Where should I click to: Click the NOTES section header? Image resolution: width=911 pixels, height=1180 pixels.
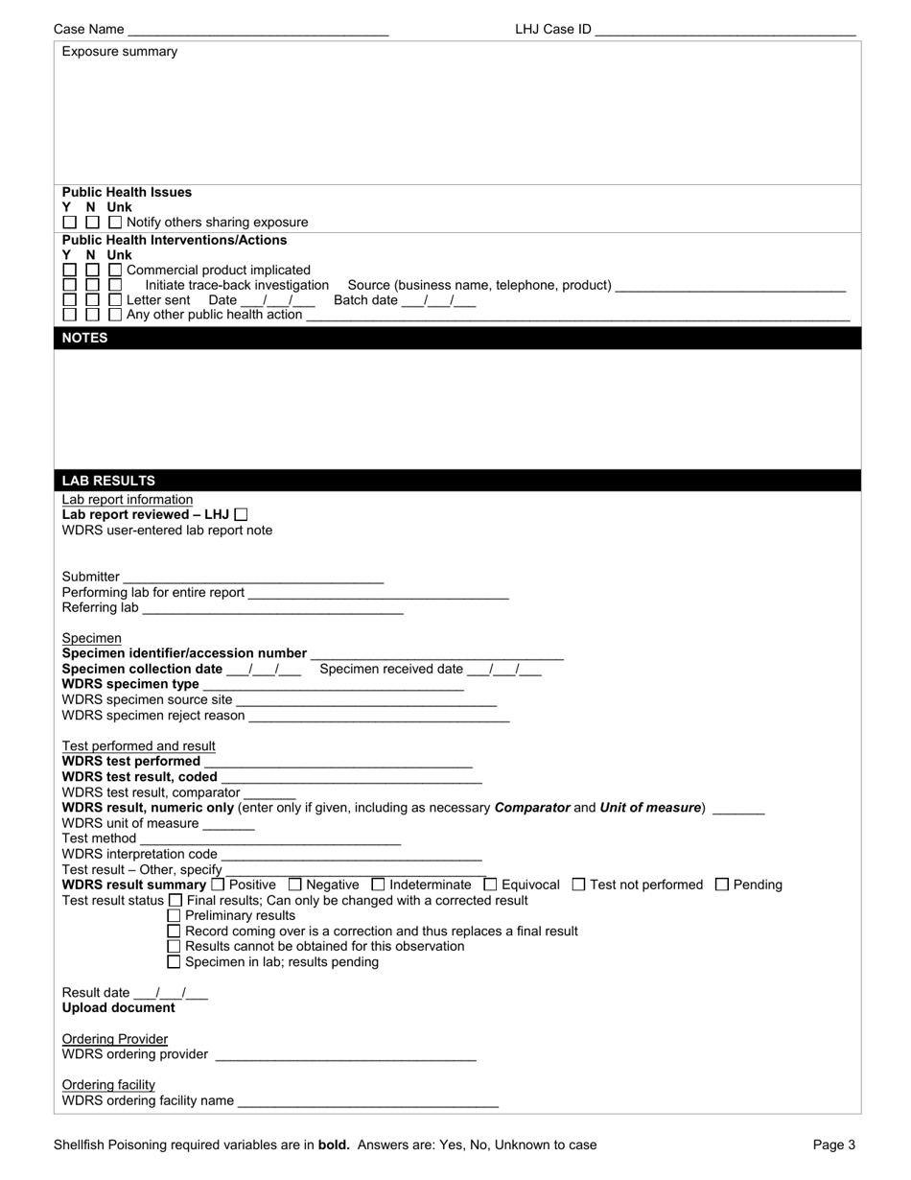pyautogui.click(x=85, y=338)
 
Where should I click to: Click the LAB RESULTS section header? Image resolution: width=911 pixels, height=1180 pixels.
pyautogui.click(x=108, y=481)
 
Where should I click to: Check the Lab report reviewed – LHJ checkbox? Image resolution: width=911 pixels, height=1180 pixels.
pyautogui.click(x=241, y=515)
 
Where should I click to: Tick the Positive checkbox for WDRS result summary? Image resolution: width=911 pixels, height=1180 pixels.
pyautogui.click(x=218, y=885)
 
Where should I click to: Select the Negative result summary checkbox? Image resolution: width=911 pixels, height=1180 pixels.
pyautogui.click(x=295, y=885)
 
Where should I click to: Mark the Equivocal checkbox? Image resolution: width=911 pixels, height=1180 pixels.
pyautogui.click(x=491, y=885)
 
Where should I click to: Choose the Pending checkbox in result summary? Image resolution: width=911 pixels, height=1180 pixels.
pyautogui.click(x=722, y=885)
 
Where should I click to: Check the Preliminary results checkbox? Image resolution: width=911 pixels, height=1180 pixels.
pyautogui.click(x=174, y=915)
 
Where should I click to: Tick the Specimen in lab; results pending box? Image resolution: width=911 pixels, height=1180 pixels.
pyautogui.click(x=174, y=961)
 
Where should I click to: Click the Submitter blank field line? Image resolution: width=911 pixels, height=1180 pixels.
pyautogui.click(x=253, y=579)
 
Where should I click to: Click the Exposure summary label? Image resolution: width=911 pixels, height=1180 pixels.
pyautogui.click(x=120, y=52)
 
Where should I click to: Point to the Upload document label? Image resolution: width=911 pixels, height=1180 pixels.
pyautogui.click(x=119, y=1008)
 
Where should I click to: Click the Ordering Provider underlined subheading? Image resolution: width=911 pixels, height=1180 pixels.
pyautogui.click(x=115, y=1039)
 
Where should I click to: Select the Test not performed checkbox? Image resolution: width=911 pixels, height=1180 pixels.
pyautogui.click(x=578, y=885)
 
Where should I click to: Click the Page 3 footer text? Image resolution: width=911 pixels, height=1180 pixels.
pyautogui.click(x=833, y=1145)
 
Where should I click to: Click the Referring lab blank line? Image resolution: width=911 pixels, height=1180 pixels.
pyautogui.click(x=272, y=610)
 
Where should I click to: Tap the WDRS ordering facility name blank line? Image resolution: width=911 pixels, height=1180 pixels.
pyautogui.click(x=367, y=1103)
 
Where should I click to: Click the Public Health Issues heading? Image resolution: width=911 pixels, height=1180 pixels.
pyautogui.click(x=127, y=192)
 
